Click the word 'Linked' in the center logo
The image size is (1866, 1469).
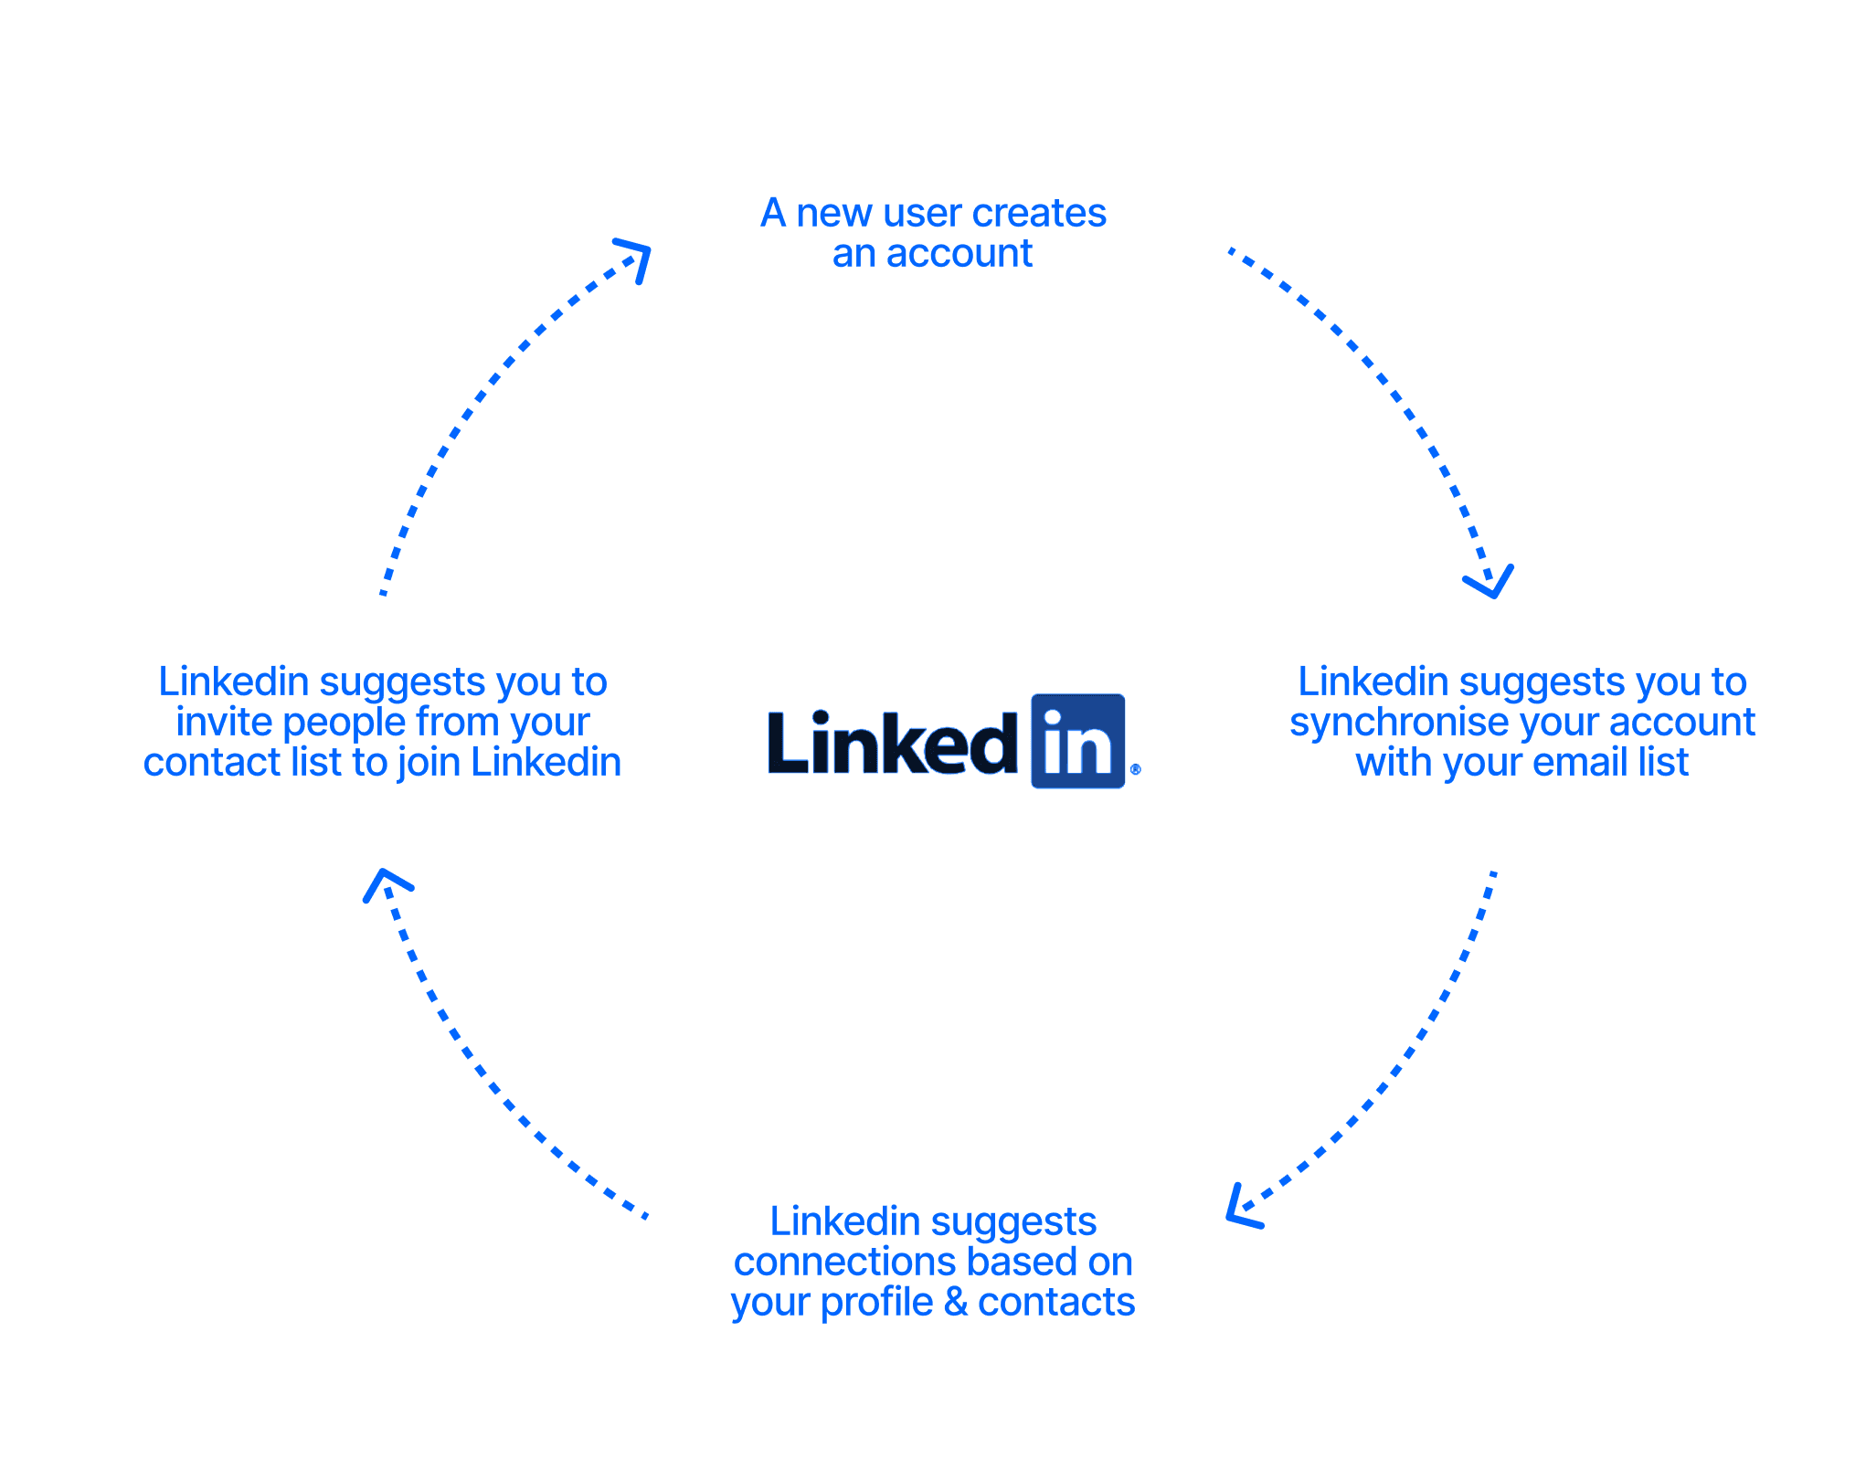tap(893, 743)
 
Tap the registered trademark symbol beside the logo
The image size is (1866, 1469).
tap(1136, 769)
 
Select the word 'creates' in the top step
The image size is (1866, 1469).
tap(1039, 213)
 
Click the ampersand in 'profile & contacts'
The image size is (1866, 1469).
tap(956, 1302)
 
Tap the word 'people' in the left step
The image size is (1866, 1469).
tap(345, 724)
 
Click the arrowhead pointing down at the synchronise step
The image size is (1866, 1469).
tap(1490, 582)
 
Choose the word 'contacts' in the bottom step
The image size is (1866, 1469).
tap(1056, 1302)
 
